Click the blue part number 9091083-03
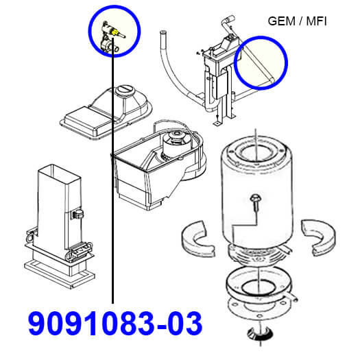115,323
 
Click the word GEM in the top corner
281,21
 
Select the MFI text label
316,21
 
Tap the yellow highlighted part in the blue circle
115,32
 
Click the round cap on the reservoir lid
125,91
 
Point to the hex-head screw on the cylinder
254,202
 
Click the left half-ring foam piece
198,238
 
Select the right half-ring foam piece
319,238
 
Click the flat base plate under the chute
60,274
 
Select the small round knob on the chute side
78,214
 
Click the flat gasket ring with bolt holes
259,309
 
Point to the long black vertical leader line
112,171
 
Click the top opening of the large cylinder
255,152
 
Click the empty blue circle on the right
261,62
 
